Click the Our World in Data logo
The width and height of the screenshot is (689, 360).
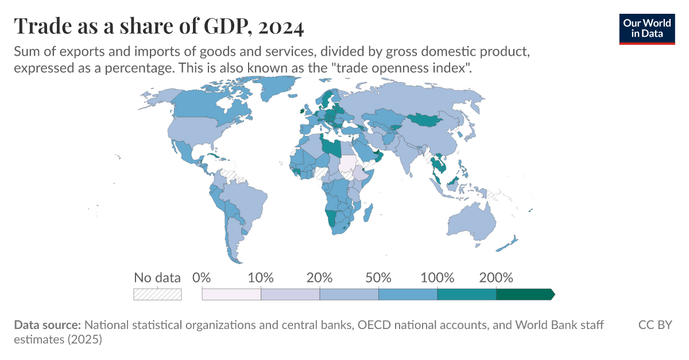(x=647, y=28)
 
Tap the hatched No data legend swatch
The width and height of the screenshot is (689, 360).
(x=157, y=294)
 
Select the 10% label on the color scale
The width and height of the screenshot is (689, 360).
(x=261, y=278)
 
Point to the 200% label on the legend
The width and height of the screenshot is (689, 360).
(x=496, y=278)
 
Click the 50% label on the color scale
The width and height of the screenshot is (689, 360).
(x=378, y=278)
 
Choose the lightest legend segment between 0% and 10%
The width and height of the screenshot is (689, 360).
(x=231, y=294)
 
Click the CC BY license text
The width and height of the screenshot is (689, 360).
(x=655, y=325)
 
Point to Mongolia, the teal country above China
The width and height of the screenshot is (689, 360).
(x=426, y=120)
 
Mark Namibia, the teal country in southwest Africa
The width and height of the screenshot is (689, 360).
(x=331, y=219)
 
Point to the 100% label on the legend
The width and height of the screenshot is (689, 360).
(x=437, y=278)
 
